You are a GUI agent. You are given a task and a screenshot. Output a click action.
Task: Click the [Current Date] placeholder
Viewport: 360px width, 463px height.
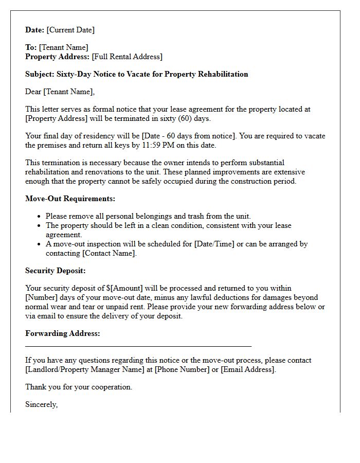click(70, 30)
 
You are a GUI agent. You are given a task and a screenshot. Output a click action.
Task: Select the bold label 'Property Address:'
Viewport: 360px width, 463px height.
click(58, 57)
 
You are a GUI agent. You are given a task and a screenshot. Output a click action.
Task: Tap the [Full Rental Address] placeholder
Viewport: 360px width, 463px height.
click(127, 57)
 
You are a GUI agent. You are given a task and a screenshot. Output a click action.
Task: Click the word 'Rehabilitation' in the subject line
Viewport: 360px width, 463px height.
click(222, 74)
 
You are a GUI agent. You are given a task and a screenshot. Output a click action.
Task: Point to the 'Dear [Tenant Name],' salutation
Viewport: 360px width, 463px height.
click(60, 92)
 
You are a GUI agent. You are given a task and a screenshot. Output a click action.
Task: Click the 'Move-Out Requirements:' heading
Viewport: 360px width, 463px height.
click(70, 199)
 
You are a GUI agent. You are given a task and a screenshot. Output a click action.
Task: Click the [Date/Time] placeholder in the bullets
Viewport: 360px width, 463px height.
click(212, 244)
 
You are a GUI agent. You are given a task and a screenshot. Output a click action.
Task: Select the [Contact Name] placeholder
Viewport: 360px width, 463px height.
click(109, 253)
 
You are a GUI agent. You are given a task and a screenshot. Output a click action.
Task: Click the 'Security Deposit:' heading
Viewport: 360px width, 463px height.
click(56, 271)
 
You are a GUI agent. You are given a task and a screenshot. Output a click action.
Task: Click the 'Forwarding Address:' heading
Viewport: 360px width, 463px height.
click(63, 333)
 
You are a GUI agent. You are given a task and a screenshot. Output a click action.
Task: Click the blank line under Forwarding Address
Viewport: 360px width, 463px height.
click(138, 346)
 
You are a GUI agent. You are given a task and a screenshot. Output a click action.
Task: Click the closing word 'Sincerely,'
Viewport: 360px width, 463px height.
click(42, 404)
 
